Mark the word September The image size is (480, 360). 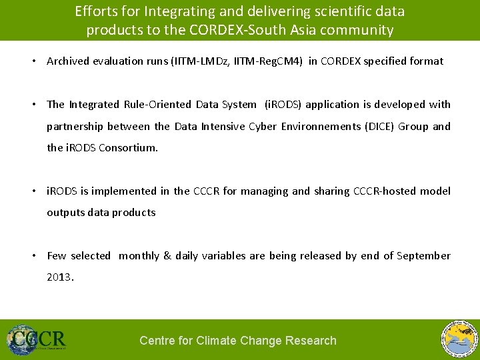(x=423, y=256)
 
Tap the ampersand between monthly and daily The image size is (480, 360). (x=167, y=256)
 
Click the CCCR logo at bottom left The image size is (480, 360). (x=37, y=339)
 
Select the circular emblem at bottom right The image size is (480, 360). (x=460, y=339)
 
